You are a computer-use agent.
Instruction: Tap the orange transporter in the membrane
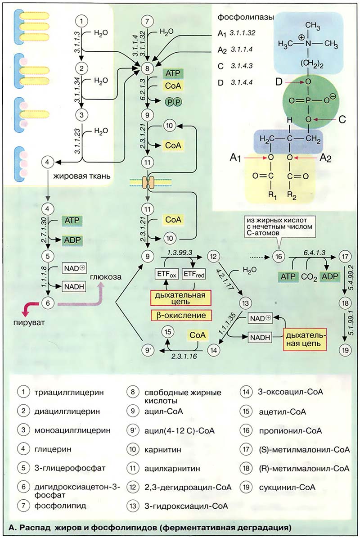click(148, 182)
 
